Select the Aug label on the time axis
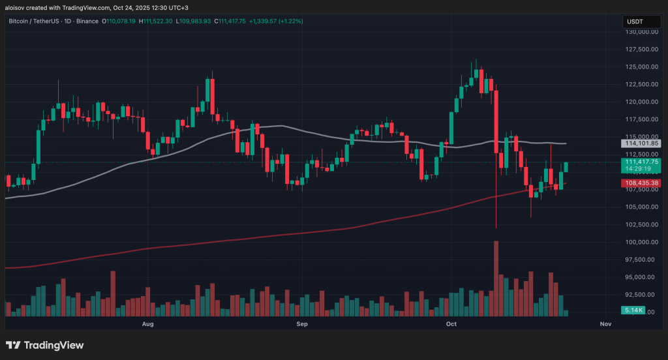pos(147,323)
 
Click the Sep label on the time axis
pos(302,323)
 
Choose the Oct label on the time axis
pos(451,323)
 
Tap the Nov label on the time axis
pos(605,323)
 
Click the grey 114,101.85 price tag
pos(643,143)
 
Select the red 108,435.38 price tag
pos(643,183)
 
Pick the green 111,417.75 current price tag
pos(643,162)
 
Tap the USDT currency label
pos(636,21)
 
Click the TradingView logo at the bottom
pos(45,345)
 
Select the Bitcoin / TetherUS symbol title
pos(39,21)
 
